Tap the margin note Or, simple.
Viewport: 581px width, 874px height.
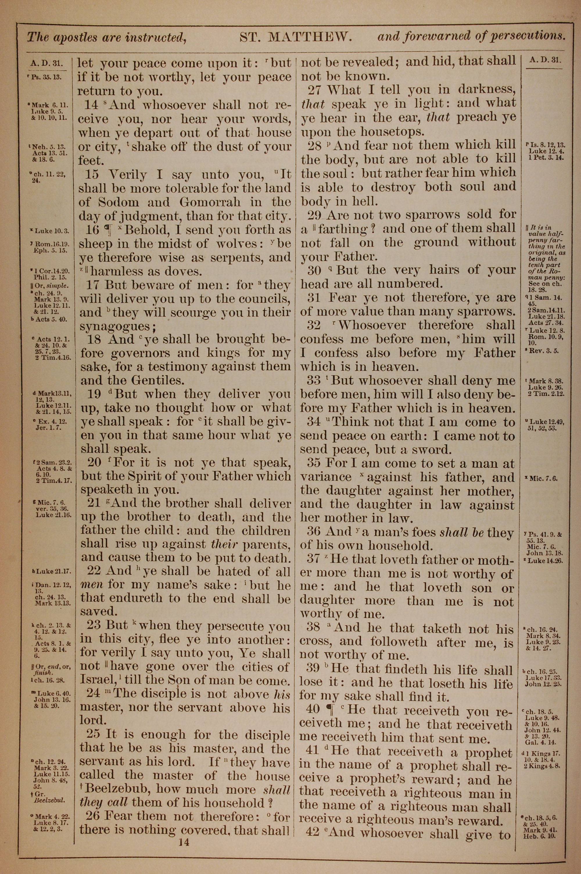[x=50, y=286]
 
